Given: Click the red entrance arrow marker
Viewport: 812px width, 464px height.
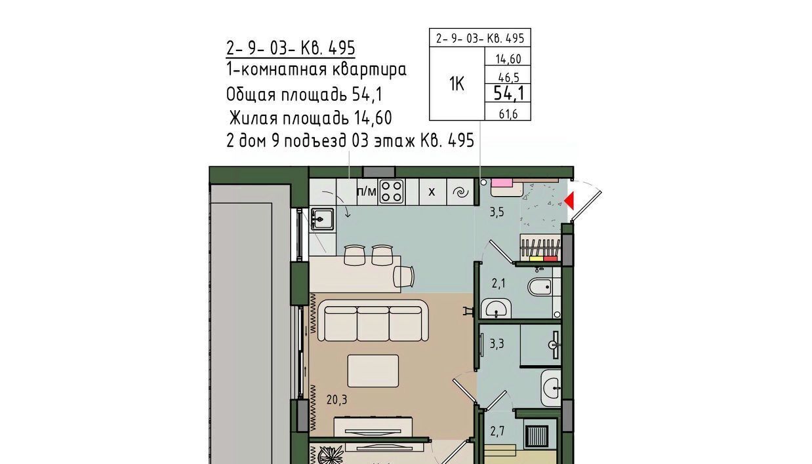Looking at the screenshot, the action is coord(569,201).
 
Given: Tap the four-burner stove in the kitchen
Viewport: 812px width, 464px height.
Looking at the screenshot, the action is coord(392,192).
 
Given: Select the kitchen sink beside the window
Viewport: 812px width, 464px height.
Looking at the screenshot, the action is coord(322,219).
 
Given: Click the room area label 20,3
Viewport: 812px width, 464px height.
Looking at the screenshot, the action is coord(336,400).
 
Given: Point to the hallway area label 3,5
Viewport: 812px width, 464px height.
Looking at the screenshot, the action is coord(497,212).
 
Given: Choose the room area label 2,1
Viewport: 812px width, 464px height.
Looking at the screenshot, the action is coord(498,284).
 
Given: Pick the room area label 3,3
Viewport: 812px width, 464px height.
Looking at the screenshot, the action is coord(497,343).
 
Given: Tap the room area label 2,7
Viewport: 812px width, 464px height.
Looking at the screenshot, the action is coord(497,431).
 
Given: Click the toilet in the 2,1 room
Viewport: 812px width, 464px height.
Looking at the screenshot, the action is coord(540,287).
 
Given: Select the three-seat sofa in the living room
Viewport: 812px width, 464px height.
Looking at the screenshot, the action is coord(373,320).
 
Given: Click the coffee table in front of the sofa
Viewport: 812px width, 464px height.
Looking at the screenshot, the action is coord(373,371).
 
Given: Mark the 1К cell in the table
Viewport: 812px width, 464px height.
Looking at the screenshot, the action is coord(457,84).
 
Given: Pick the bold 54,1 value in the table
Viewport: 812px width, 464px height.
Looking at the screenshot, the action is coord(508,94).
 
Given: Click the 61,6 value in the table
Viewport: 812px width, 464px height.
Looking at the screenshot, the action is coord(508,114).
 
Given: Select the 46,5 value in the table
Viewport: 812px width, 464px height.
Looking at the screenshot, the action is coord(509,77).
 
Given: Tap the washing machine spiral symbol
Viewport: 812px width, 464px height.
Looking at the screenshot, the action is coord(460,192).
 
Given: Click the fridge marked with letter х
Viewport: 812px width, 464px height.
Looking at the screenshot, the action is coord(432,192).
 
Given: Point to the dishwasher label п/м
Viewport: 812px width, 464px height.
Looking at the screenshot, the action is coord(367,191).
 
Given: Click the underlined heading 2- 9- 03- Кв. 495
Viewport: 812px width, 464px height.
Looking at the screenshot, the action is coord(291,48).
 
